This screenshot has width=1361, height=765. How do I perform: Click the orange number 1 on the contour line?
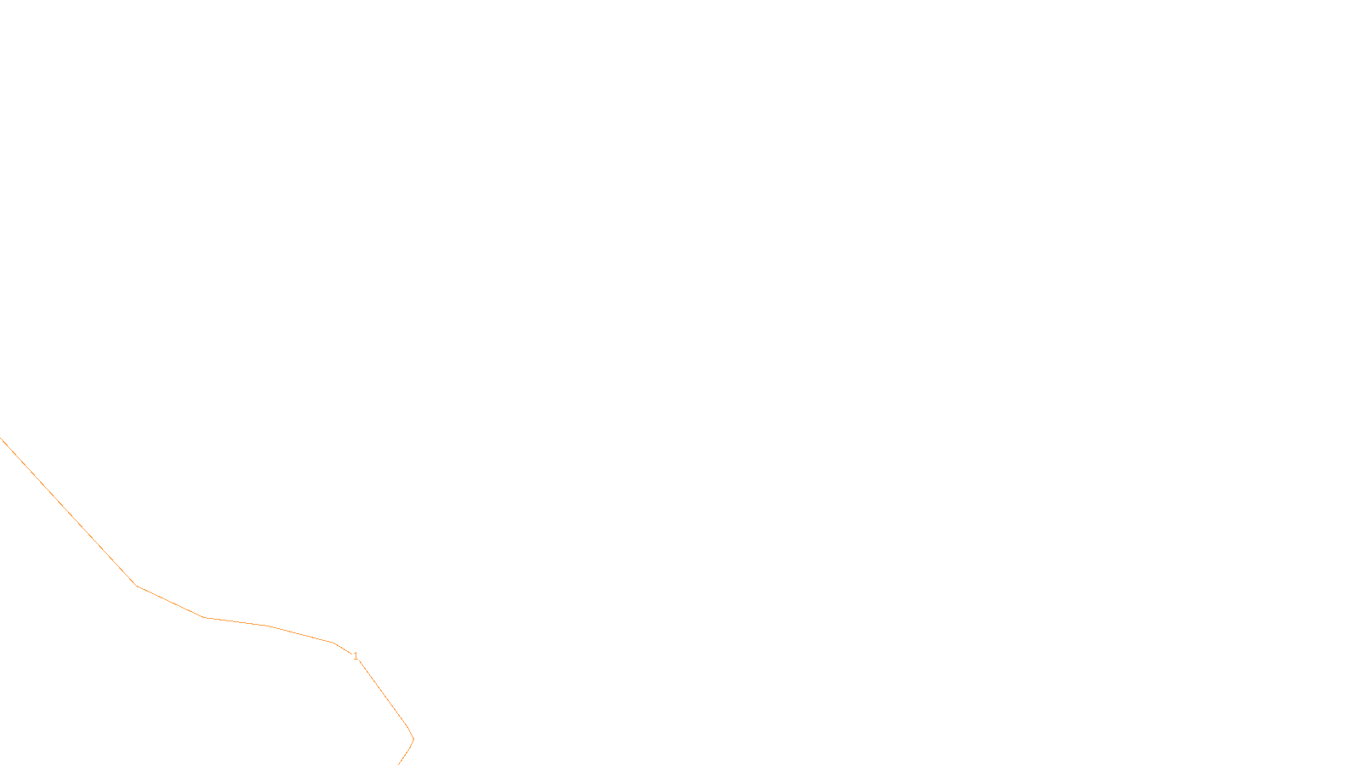pos(356,656)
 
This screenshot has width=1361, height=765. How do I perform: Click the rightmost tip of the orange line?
pos(413,739)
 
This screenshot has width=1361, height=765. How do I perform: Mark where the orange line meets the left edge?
pos(1,438)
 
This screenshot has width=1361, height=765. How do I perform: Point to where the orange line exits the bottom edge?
pos(398,763)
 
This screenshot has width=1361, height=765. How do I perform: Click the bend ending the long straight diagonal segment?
pos(137,586)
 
